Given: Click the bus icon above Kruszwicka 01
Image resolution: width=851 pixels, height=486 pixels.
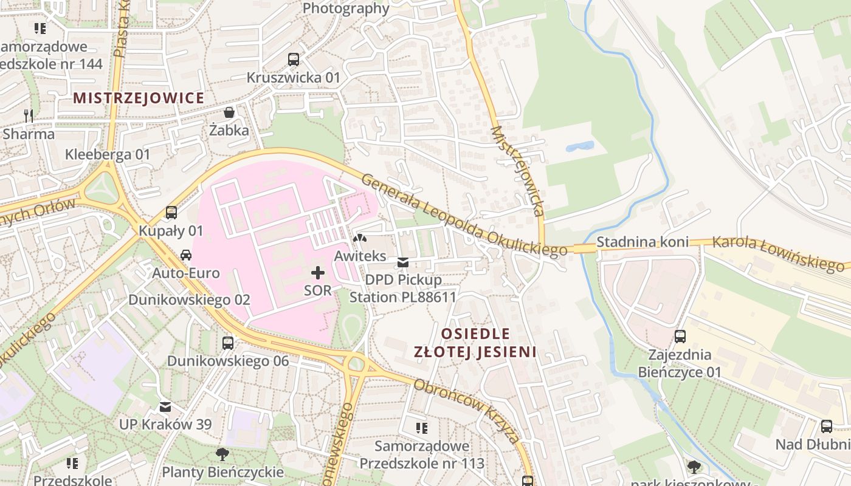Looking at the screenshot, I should (294, 60).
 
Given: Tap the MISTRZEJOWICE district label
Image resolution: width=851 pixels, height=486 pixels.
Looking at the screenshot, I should (138, 98).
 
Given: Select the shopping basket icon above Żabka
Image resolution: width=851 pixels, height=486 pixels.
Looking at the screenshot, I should (229, 112).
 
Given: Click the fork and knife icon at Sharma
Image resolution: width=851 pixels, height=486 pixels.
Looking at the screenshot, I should (28, 115).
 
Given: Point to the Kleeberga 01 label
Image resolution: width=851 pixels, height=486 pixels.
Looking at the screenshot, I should (107, 154).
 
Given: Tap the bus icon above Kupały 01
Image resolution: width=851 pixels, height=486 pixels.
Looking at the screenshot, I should (171, 213).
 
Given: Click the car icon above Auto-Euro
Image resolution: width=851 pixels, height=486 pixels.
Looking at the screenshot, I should (186, 255).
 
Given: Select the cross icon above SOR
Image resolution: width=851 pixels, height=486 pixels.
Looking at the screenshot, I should (317, 273).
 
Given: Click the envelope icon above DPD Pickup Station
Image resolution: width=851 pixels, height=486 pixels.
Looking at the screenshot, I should (402, 262).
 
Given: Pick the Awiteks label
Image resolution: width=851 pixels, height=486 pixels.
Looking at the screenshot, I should (360, 256).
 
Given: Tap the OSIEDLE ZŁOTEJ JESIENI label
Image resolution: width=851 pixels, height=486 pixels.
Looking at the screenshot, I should (475, 343).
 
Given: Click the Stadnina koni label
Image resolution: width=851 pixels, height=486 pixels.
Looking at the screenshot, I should (642, 242).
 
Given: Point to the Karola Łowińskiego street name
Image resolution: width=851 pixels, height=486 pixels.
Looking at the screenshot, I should (778, 253).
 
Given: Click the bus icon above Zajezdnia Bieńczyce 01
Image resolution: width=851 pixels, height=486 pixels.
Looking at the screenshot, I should (680, 337).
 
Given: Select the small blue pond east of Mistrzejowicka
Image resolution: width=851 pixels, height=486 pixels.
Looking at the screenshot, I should (579, 146).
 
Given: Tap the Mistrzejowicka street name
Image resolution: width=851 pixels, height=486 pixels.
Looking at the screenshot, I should (517, 171).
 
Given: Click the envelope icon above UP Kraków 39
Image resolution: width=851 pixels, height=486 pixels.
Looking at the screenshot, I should (165, 406).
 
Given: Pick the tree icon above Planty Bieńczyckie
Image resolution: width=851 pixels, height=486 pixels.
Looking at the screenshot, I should (222, 454).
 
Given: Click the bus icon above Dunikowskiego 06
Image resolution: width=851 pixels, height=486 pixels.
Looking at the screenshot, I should (228, 343).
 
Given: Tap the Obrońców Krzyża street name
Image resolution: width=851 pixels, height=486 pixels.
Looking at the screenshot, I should (466, 412).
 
